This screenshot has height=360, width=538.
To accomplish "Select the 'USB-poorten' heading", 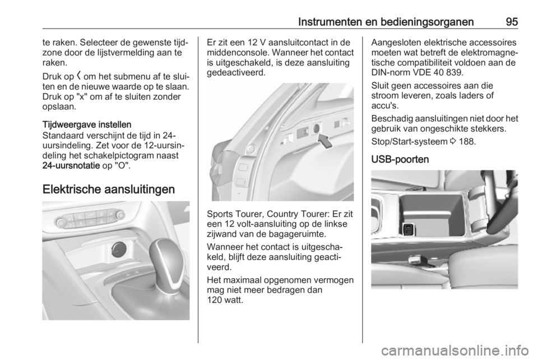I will [x=396, y=159].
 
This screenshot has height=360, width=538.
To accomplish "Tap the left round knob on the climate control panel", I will [x=61, y=223].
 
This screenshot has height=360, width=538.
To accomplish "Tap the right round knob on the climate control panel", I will [x=120, y=214].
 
